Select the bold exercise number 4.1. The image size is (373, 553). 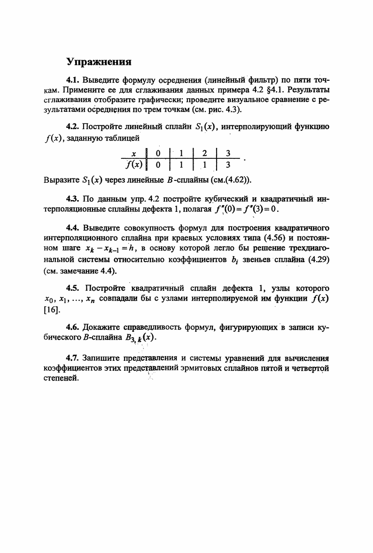[73, 80]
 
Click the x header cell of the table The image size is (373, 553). [133, 153]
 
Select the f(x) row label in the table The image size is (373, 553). [133, 164]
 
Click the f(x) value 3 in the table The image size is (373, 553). [227, 164]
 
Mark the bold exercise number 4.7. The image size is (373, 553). [73, 358]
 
